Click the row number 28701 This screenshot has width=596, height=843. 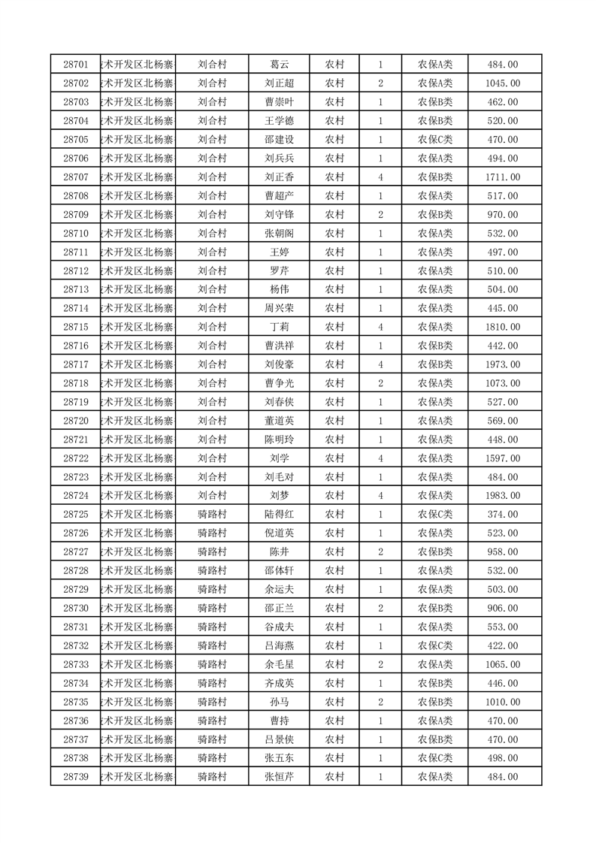[76, 65]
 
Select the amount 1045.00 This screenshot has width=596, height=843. [503, 83]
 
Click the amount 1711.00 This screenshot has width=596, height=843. [503, 177]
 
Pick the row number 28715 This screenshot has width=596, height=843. [76, 327]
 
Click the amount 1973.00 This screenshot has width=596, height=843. [503, 364]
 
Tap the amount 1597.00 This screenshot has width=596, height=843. [503, 458]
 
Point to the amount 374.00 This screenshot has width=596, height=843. [503, 515]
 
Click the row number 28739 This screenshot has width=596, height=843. [76, 777]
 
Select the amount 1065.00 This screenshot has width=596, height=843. [503, 664]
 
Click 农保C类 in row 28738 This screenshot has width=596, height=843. [434, 758]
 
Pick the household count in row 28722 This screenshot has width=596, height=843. [381, 458]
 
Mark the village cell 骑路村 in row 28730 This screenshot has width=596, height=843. [212, 608]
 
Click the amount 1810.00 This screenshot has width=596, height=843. [503, 327]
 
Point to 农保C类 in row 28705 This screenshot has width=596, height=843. [434, 140]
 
